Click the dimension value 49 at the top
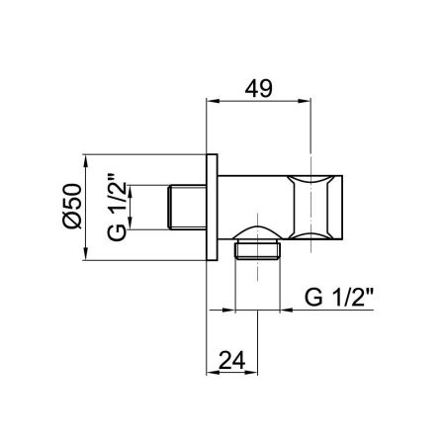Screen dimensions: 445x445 (x=261, y=87)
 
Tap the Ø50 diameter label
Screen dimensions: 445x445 (x=70, y=208)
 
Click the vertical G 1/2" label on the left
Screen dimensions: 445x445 (x=116, y=208)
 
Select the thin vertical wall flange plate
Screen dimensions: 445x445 (x=211, y=208)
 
